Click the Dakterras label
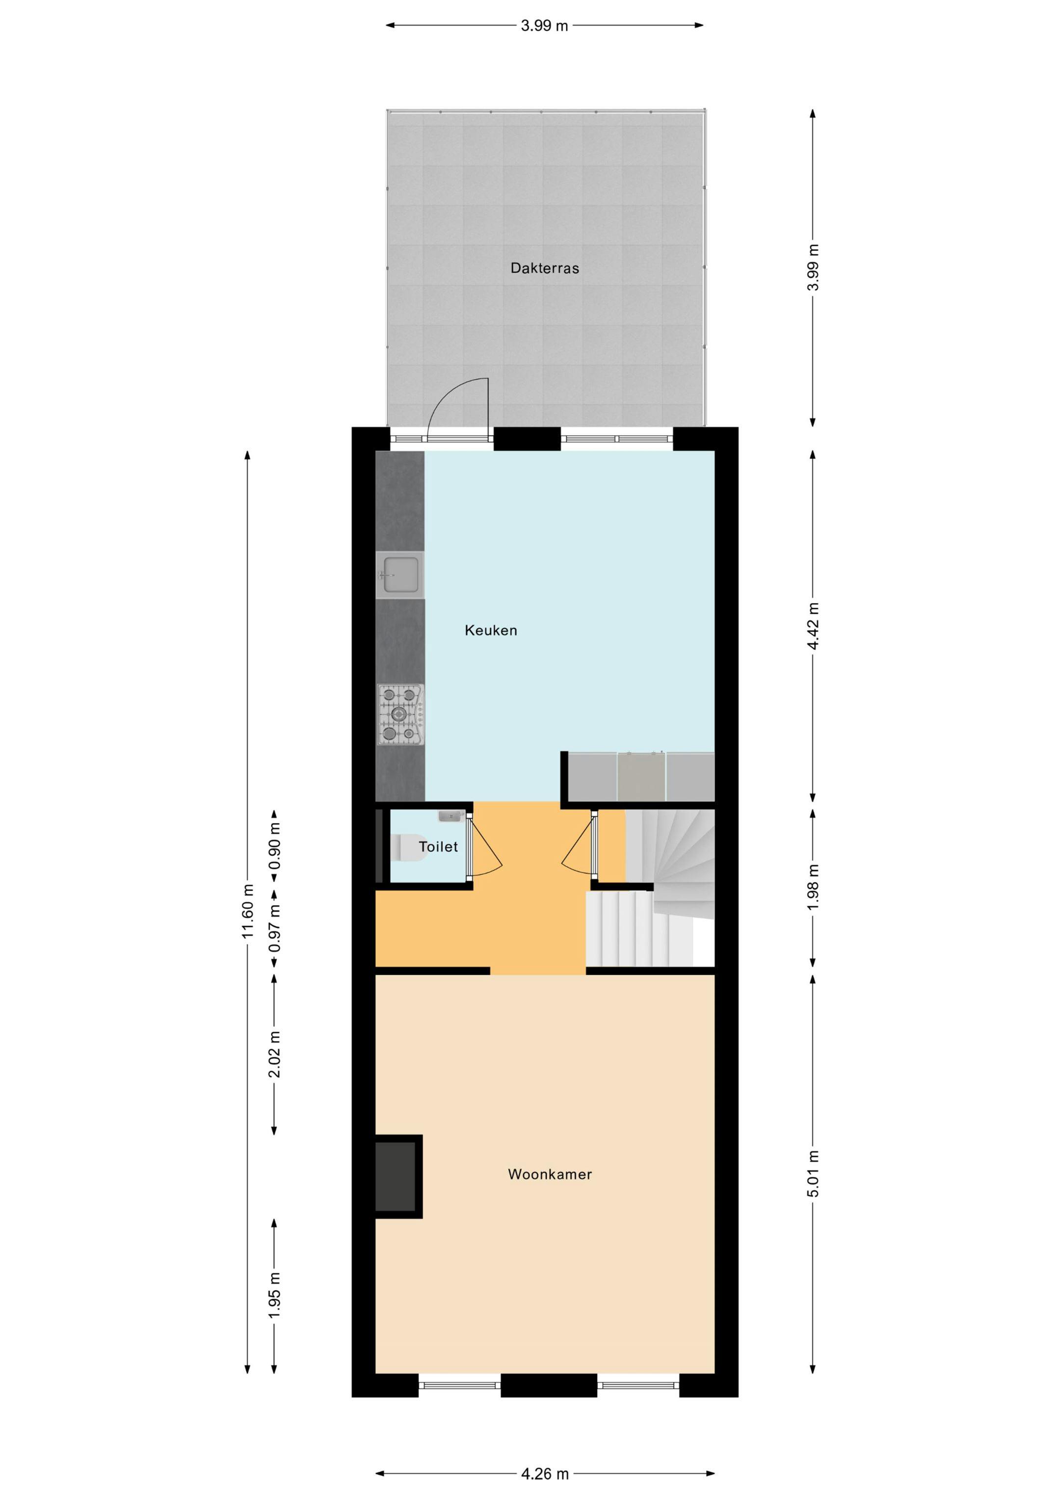pos(545,268)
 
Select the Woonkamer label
pos(550,1174)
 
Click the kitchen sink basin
pos(400,575)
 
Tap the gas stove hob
pos(400,714)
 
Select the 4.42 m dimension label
pos(813,626)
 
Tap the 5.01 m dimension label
pos(813,1173)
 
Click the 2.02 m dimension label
pos(274,1054)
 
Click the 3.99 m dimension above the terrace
pos(544,26)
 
